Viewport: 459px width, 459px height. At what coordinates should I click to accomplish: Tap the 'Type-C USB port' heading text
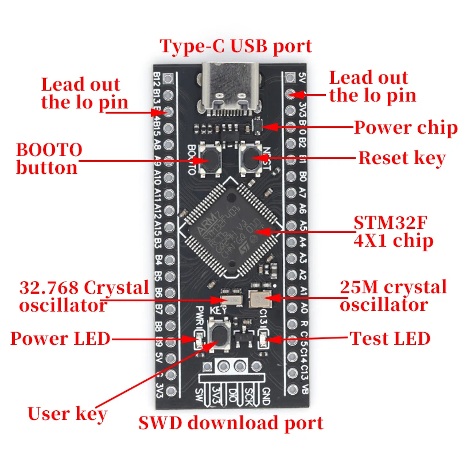point(236,46)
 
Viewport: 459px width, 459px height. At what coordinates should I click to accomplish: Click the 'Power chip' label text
point(405,127)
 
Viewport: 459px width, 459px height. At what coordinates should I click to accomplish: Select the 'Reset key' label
point(402,158)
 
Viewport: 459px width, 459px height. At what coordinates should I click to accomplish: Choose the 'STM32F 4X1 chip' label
point(394,232)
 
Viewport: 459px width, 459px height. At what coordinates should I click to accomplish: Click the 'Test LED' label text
point(390,339)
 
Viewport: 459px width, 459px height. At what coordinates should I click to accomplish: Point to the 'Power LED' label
point(60,339)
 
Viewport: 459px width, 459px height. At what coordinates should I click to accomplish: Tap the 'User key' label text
point(67,414)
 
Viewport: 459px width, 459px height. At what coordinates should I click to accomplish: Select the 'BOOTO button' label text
point(48,159)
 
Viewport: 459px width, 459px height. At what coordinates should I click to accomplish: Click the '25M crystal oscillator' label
point(392,295)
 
